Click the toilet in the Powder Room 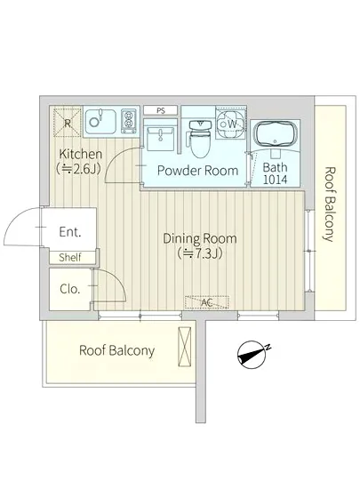pyautogui.click(x=200, y=139)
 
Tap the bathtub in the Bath pyautogui.click(x=275, y=133)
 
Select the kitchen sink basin pyautogui.click(x=100, y=121)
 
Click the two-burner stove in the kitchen pyautogui.click(x=129, y=121)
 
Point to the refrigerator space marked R pyautogui.click(x=68, y=122)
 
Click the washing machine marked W pyautogui.click(x=231, y=124)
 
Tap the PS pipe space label pyautogui.click(x=161, y=110)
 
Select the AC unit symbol pyautogui.click(x=207, y=302)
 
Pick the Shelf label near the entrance pyautogui.click(x=70, y=257)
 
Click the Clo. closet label pyautogui.click(x=70, y=289)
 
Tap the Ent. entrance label pyautogui.click(x=70, y=232)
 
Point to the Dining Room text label pyautogui.click(x=200, y=239)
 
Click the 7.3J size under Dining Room pyautogui.click(x=200, y=254)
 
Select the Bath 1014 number pyautogui.click(x=275, y=180)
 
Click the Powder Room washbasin pyautogui.click(x=160, y=139)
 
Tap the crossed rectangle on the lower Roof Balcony pyautogui.click(x=184, y=346)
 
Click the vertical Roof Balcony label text pyautogui.click(x=330, y=204)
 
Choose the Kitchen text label pyautogui.click(x=80, y=154)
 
